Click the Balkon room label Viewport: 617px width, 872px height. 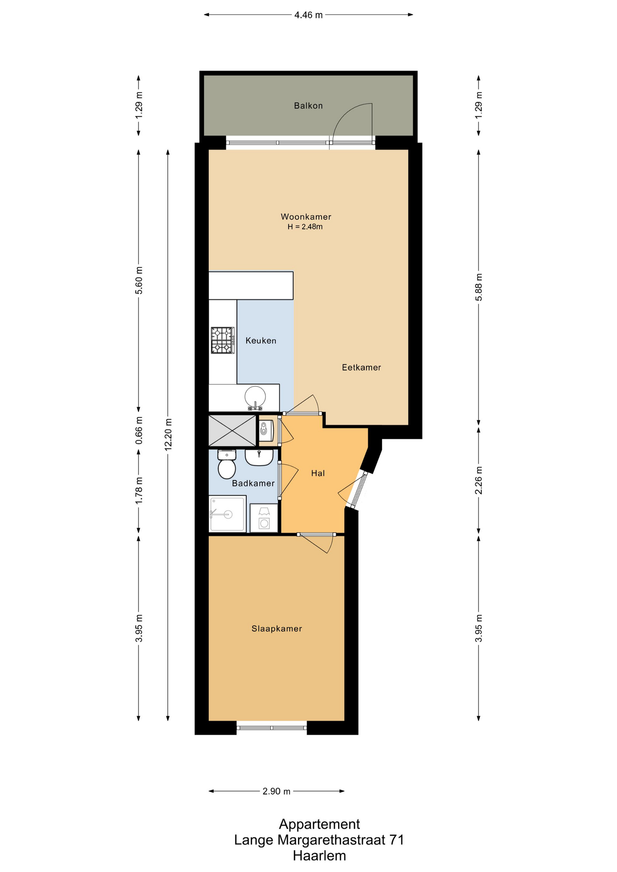308,106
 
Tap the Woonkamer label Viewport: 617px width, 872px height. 306,217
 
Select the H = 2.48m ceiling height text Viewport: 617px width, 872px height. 305,227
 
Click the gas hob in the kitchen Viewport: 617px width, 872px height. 223,340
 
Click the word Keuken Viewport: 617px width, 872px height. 261,341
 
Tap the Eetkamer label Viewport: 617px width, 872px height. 361,367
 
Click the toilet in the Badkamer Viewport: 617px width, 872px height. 227,464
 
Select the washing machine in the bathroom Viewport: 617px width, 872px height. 264,518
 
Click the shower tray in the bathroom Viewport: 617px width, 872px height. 228,514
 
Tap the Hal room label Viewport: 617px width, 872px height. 318,473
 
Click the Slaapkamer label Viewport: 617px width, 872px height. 277,629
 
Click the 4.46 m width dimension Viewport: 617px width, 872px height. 308,15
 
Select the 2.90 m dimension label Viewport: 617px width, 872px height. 276,792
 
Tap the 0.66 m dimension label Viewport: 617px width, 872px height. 139,431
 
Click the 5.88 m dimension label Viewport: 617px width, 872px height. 478,287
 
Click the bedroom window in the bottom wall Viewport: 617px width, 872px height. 272,728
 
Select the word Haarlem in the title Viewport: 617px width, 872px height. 319,856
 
